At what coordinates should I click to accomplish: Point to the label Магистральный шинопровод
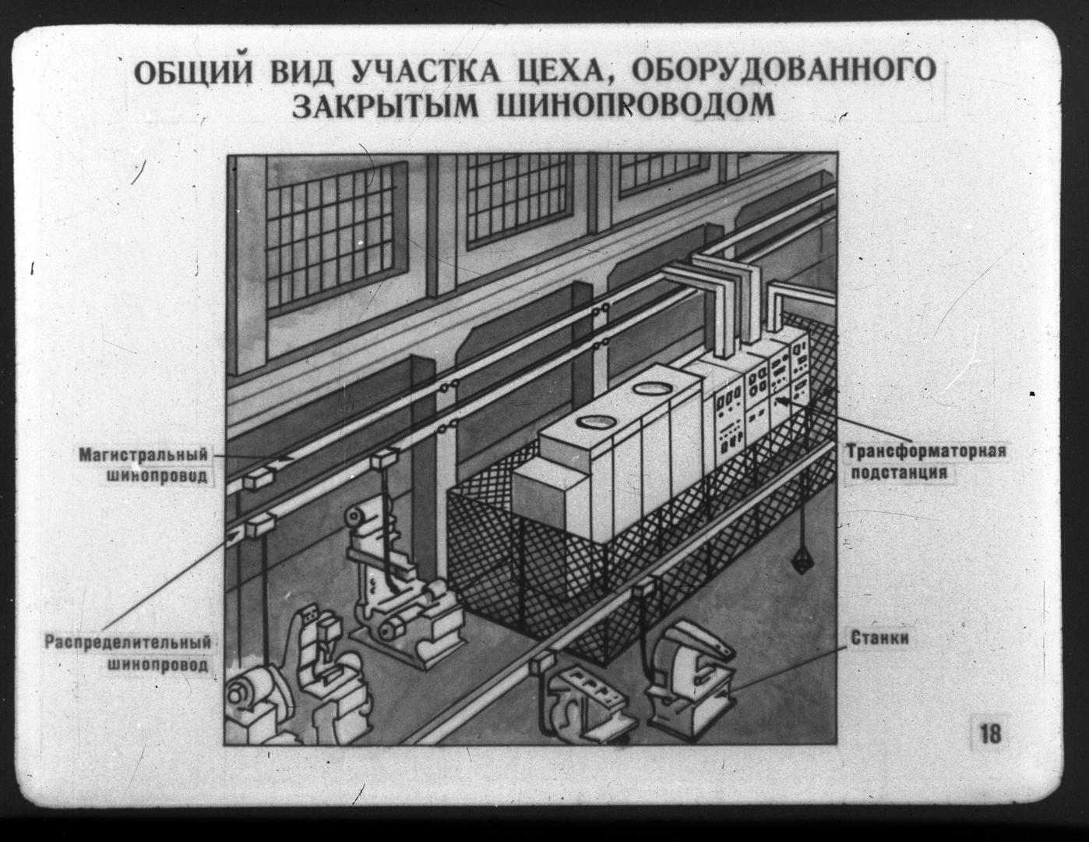(x=144, y=465)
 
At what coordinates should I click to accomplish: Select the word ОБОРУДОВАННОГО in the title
(x=781, y=70)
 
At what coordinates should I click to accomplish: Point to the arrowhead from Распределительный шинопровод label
(x=234, y=536)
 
